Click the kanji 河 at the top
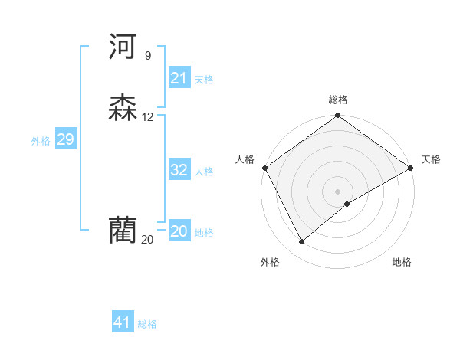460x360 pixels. (123, 47)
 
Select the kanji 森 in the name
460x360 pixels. (123, 109)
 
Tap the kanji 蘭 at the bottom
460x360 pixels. (123, 231)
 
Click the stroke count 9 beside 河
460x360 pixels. (147, 56)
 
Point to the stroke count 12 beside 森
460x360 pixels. (148, 117)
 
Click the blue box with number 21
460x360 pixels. (179, 78)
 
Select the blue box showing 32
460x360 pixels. (179, 170)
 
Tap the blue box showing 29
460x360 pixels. (65, 139)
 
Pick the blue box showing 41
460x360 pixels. (123, 322)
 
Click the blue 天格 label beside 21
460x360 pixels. (204, 80)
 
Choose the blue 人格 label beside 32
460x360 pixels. (204, 172)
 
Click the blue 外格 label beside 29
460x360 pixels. (41, 141)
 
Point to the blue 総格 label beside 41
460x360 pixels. (147, 324)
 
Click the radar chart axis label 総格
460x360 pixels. (338, 100)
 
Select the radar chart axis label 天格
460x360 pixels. (431, 159)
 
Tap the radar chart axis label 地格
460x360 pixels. (402, 262)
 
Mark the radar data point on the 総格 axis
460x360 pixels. (338, 116)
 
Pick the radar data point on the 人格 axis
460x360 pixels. (265, 168)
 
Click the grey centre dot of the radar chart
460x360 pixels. (338, 191)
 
